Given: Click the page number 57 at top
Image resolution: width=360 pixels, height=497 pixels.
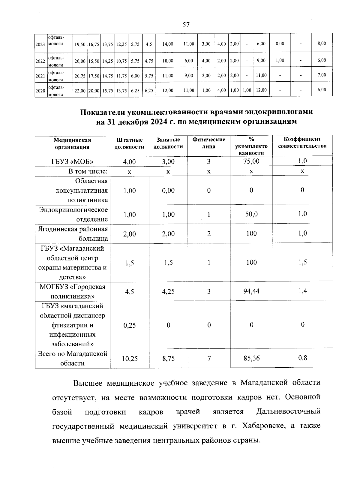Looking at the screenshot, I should (186, 25).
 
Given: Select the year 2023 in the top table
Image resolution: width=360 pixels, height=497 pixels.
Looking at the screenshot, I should (40, 44).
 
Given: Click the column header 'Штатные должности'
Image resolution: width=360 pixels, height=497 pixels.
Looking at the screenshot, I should (129, 143).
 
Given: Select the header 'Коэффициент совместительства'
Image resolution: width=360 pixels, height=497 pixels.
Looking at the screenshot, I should (302, 143).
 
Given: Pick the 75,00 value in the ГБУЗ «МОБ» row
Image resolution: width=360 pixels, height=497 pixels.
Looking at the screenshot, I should (251, 161).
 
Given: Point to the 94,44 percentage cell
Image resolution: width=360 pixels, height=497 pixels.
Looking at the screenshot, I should (251, 291).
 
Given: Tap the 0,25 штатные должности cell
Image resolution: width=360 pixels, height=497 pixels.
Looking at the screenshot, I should (129, 325).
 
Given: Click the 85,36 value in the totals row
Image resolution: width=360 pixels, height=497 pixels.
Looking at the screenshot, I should (251, 358).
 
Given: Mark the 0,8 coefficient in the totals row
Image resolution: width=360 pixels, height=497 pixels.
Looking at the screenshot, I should (302, 358).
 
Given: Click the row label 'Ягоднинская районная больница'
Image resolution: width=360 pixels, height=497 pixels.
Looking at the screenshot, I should (73, 234).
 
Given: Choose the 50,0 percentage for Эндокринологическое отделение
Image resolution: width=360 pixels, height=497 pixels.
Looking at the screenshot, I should (251, 214).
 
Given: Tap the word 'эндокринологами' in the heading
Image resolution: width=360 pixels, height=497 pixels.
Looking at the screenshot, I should (279, 112).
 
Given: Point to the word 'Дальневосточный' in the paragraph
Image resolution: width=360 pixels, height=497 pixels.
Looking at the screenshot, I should (288, 411).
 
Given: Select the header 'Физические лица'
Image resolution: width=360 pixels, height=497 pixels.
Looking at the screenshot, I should (209, 143).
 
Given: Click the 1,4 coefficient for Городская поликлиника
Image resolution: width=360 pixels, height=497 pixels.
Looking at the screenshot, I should (302, 291).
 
